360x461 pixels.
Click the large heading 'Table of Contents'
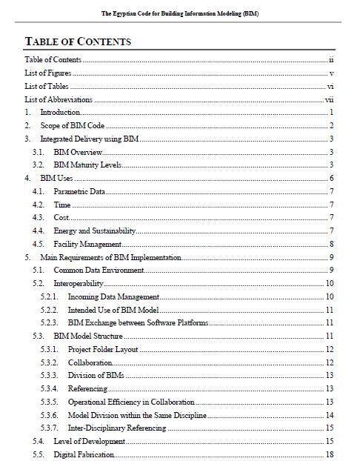[x=79, y=42]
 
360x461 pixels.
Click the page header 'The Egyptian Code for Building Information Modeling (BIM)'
[x=180, y=14]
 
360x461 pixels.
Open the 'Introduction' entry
[x=60, y=112]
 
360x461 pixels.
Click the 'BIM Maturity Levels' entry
[x=88, y=165]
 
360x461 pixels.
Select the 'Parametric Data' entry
[x=79, y=191]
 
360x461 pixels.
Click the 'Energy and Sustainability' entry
[x=94, y=231]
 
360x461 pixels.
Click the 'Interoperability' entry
[x=78, y=284]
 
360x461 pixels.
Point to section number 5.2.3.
[x=50, y=322]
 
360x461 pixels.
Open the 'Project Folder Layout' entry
[x=103, y=349]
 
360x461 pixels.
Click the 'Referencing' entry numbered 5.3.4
[x=87, y=388]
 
